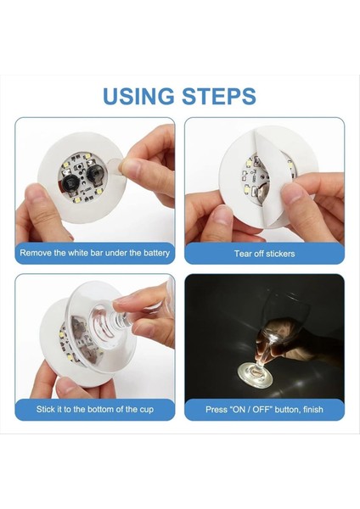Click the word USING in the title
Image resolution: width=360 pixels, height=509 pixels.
tap(138, 95)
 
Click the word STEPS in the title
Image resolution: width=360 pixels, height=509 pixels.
tap(218, 95)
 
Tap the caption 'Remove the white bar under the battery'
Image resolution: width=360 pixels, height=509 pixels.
tap(95, 253)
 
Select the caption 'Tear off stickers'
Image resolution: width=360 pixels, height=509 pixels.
tap(264, 254)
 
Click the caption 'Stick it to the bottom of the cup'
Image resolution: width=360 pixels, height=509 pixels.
tap(95, 409)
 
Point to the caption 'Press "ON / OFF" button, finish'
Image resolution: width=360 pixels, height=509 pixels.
tap(264, 409)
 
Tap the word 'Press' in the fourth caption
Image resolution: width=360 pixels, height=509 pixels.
tap(217, 409)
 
